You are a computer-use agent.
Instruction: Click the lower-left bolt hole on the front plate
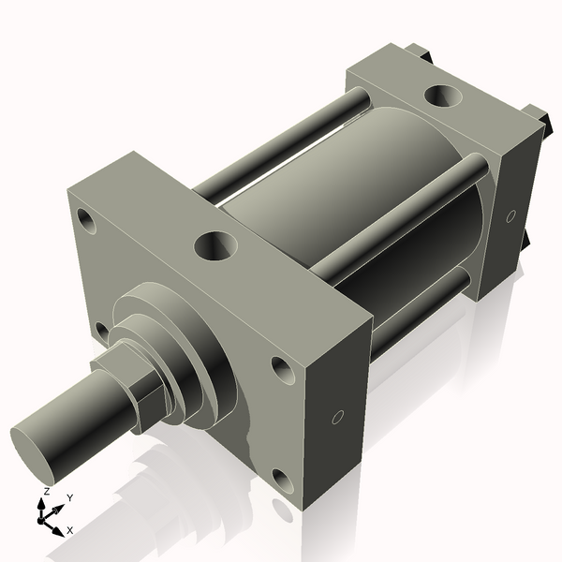point(100,330)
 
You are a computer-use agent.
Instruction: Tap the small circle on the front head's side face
point(339,417)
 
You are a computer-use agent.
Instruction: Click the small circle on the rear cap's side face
point(510,216)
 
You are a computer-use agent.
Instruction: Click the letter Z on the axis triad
point(47,493)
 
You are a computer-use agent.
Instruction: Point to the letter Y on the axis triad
point(70,497)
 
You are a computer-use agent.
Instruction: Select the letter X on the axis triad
point(70,530)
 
